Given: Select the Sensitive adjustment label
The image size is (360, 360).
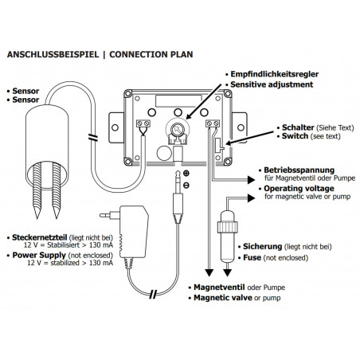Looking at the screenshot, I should [x=268, y=84].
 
